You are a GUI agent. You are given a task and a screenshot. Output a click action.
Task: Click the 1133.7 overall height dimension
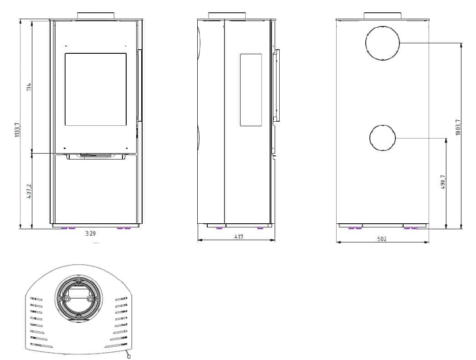17,130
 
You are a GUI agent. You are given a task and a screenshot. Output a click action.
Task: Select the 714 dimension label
29,87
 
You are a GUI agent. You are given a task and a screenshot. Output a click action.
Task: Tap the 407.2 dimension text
29,191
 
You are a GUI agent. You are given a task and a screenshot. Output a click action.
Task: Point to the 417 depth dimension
239,237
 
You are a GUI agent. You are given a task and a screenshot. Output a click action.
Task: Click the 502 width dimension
382,239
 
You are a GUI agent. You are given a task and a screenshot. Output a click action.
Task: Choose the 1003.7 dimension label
458,127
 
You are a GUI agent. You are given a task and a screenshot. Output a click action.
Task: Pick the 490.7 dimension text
443,182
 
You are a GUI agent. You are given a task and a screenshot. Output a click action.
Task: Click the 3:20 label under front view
91,233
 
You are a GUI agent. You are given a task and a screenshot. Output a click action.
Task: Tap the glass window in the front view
96,89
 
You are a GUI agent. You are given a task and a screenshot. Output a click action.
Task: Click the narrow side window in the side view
251,90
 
